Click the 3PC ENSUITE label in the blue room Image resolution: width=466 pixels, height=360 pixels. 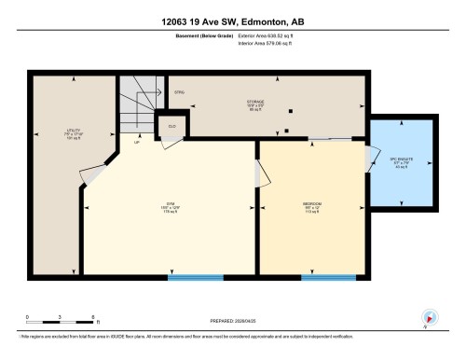coord(402,161)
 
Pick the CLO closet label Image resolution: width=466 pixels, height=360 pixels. coord(172,125)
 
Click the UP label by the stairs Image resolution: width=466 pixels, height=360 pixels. coord(137,143)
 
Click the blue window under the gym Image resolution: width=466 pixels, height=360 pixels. coord(195,276)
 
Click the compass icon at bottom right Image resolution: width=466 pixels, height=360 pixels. coord(431,316)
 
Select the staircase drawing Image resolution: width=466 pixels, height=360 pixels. coord(143,104)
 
